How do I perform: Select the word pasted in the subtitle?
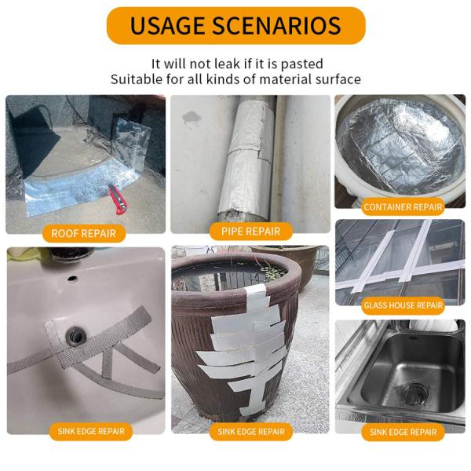tap(301, 64)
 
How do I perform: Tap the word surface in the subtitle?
tap(336, 79)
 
